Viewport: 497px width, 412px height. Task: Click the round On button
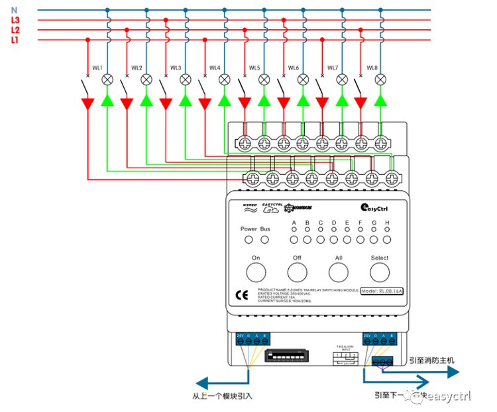click(256, 272)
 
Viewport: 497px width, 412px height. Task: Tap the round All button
click(339, 272)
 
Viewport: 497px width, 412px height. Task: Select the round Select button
click(380, 272)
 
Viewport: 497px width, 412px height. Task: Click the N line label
click(14, 10)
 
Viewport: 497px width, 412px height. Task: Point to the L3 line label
click(15, 20)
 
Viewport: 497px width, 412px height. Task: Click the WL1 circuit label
click(97, 68)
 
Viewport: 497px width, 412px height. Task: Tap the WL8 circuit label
click(372, 68)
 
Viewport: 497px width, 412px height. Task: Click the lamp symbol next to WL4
click(224, 79)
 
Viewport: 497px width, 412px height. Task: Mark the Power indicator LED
click(248, 238)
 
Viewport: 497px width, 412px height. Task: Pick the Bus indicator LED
click(265, 238)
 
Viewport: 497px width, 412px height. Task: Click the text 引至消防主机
click(431, 360)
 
